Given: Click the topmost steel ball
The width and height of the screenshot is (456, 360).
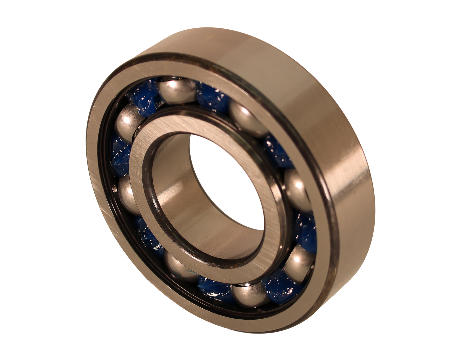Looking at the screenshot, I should pyautogui.click(x=177, y=91).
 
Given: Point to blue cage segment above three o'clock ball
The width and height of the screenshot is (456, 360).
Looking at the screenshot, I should pyautogui.click(x=278, y=151).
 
